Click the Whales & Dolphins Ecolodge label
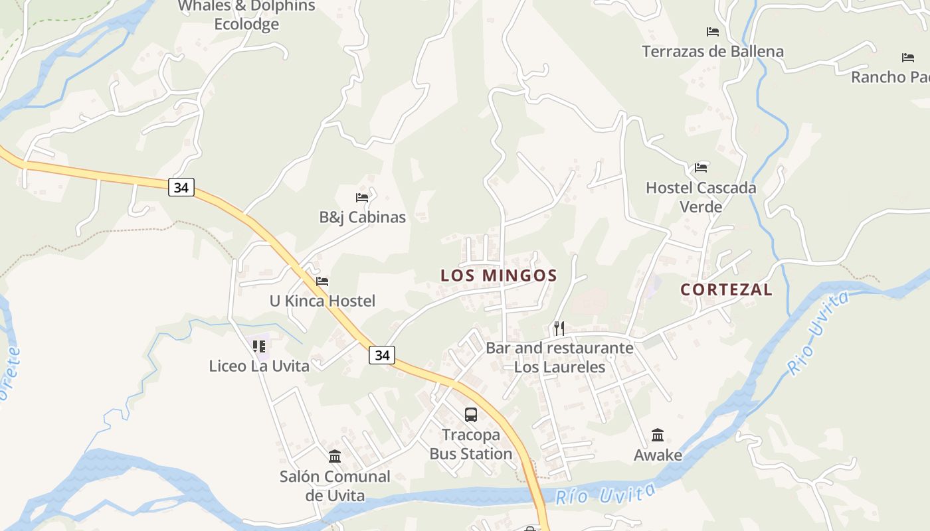[x=246, y=15]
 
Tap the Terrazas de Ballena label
[x=712, y=51]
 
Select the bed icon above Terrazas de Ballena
[x=713, y=32]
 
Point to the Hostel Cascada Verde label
[x=701, y=196]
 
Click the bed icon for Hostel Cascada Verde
[x=701, y=168]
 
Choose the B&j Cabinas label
[x=362, y=217]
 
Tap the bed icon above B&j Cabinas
[x=362, y=198]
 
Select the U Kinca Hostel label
[x=322, y=301]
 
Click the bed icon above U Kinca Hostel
[x=322, y=281]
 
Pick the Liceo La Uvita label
[x=259, y=366]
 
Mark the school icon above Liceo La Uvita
[x=259, y=346]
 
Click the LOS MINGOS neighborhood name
[x=499, y=275]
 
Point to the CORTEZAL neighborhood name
[x=726, y=289]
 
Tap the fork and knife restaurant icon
[x=559, y=328]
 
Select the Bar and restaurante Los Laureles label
[x=559, y=357]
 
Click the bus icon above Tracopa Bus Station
[x=471, y=415]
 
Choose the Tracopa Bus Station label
[x=471, y=444]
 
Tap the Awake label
[x=658, y=455]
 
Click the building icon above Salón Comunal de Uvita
[x=335, y=457]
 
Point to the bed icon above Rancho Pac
[x=908, y=58]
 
